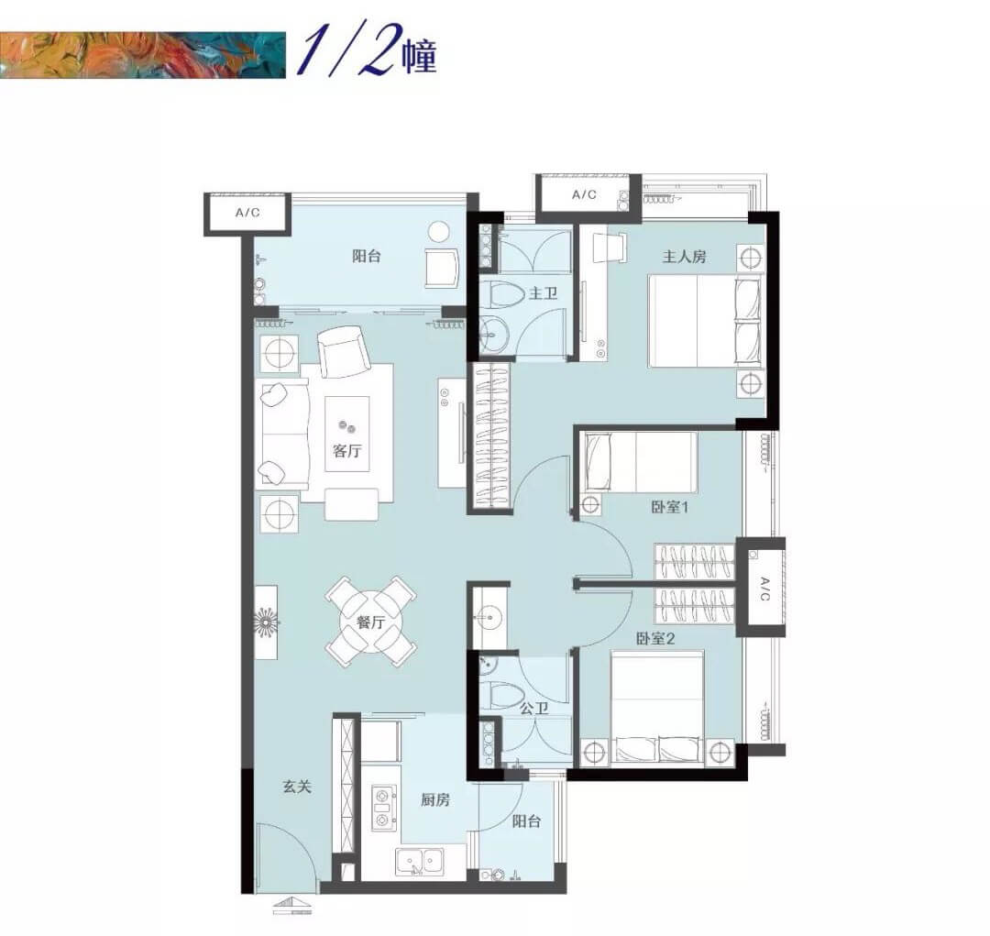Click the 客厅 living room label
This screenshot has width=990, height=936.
(347, 451)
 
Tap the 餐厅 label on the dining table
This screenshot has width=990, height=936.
(370, 622)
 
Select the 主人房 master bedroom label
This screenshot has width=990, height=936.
(684, 257)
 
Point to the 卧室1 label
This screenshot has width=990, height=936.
(670, 507)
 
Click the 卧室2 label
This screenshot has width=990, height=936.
(655, 639)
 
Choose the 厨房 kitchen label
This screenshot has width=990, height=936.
(435, 799)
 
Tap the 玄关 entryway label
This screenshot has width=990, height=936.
(297, 787)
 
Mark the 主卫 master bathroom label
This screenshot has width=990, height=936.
(543, 293)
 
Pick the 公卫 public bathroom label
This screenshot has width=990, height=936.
(533, 709)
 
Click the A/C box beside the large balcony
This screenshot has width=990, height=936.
(247, 213)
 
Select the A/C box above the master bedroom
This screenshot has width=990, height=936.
(584, 194)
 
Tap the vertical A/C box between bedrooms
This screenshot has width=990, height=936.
(763, 588)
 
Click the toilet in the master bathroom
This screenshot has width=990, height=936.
(504, 295)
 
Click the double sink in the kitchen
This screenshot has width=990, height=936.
(419, 862)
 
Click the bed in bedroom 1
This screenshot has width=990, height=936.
(641, 462)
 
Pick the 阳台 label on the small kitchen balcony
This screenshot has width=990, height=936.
(526, 821)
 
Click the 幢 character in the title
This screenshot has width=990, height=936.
(419, 57)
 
